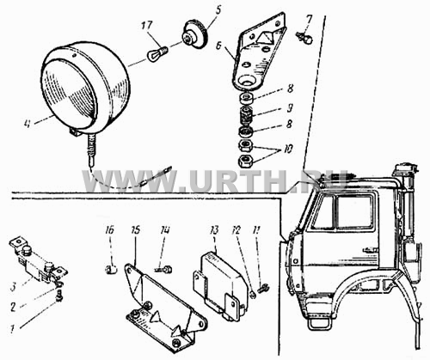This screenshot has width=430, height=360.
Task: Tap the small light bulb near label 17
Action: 157,53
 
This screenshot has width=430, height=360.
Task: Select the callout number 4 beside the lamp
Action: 28,125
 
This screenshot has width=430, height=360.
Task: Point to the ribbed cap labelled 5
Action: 196,35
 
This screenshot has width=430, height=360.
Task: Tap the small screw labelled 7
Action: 304,38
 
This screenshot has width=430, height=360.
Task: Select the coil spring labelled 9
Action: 246,115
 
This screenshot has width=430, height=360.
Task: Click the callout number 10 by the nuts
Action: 288,149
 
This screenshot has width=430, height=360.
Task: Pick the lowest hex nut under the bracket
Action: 246,161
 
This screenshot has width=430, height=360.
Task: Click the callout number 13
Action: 214,230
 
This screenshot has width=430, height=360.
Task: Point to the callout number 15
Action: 136,230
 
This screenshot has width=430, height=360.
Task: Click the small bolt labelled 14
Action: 164,269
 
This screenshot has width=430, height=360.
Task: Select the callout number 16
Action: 110,230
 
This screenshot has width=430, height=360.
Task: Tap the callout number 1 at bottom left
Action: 12,329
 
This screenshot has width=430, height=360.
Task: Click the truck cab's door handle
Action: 369,250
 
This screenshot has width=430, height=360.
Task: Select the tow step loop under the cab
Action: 319,323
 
